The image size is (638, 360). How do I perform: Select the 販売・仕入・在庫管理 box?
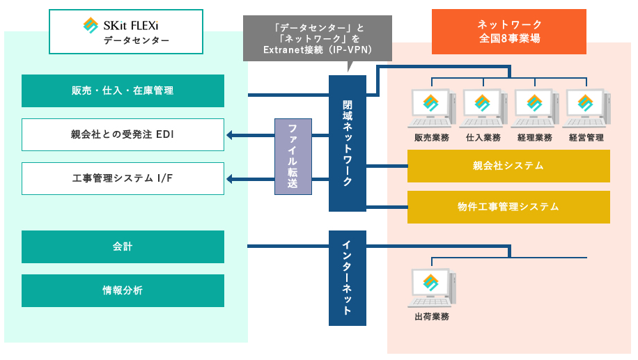(x=123, y=91)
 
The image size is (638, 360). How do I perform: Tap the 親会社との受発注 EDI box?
(x=123, y=134)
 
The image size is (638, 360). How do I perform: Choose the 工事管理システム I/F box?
(x=123, y=178)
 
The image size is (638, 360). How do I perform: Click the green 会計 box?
(x=123, y=246)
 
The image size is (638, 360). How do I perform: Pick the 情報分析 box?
(x=123, y=290)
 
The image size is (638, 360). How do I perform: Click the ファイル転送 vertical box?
(x=293, y=157)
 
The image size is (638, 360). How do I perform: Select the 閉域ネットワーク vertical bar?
(x=348, y=143)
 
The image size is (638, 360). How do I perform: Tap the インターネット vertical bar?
(x=348, y=277)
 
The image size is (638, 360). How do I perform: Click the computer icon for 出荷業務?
(x=431, y=288)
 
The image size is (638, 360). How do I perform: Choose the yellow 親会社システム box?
(x=508, y=166)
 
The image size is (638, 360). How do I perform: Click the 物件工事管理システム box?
(x=508, y=207)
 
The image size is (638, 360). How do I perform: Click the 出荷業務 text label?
(x=431, y=317)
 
